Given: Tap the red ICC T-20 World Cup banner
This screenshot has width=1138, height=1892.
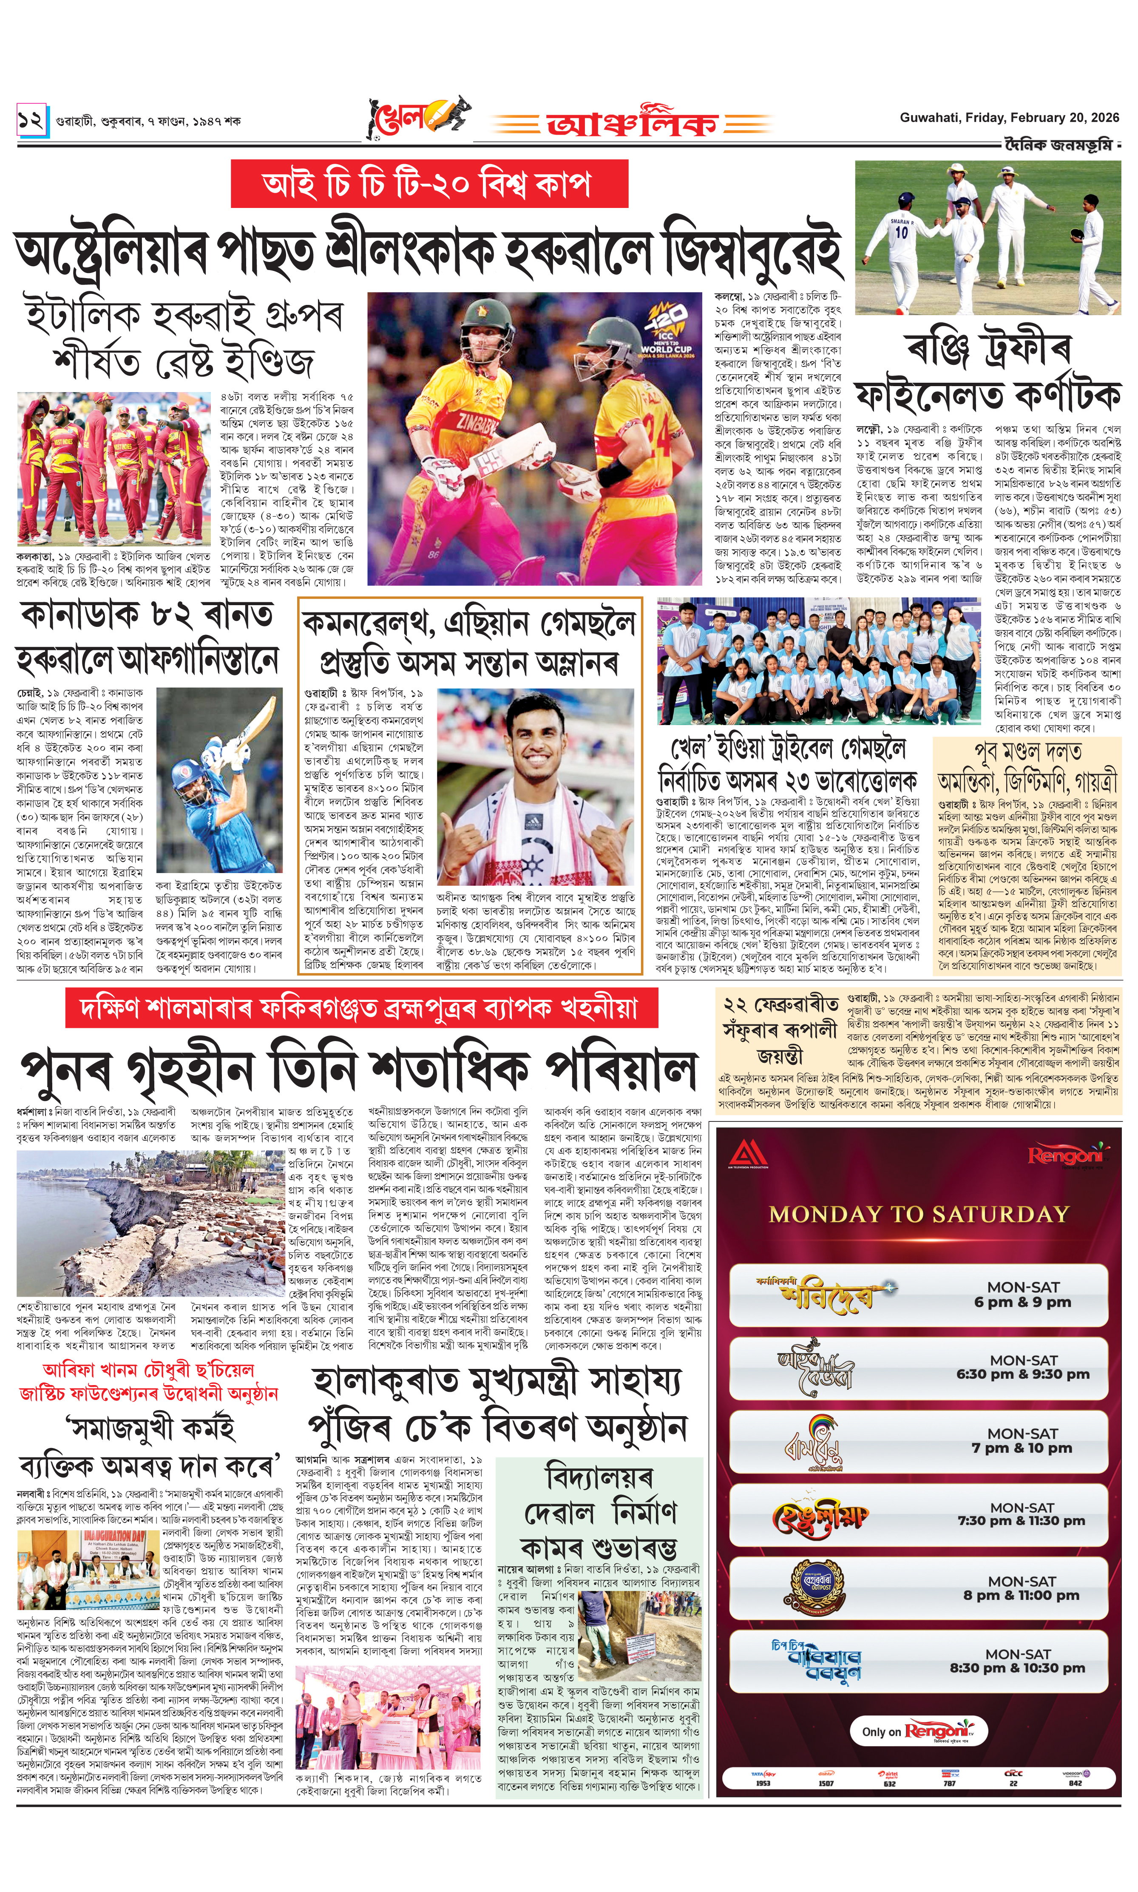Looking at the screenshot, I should tap(429, 184).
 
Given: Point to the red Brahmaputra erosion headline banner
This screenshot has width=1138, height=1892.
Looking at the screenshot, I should tap(361, 1007).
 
